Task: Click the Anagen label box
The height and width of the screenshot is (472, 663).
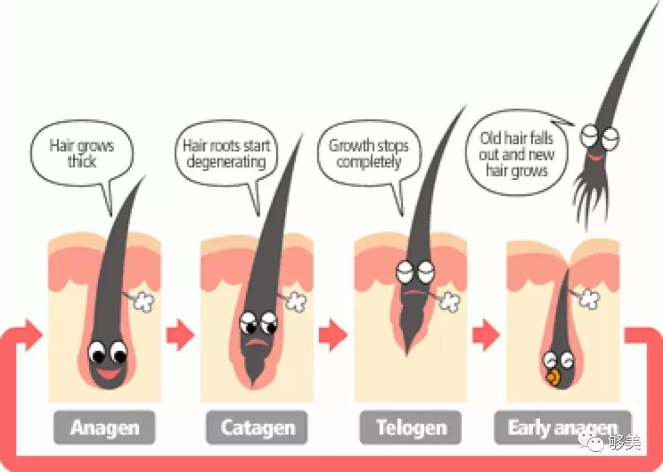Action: [x=104, y=427]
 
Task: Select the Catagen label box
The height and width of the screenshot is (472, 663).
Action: [x=257, y=427]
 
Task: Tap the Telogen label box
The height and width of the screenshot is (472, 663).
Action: [x=410, y=427]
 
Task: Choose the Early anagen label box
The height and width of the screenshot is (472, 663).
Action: [x=562, y=427]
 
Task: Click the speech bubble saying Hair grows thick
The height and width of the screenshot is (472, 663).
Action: [x=82, y=153]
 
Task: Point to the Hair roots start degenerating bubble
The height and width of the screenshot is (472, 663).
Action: [x=226, y=154]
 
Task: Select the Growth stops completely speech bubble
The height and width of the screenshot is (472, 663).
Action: [x=369, y=154]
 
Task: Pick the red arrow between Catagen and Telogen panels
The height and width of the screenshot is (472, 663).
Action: [x=333, y=335]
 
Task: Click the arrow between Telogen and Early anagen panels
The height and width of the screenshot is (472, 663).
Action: [x=486, y=335]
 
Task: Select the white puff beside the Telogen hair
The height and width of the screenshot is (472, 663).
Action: [x=450, y=301]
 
